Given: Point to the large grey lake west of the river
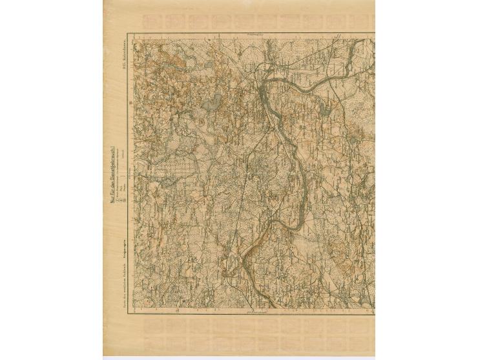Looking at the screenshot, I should coord(211,101).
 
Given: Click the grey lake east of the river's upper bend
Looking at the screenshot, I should coord(324,110).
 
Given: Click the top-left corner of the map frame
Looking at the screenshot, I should coord(128,34).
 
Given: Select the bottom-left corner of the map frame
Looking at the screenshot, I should coord(128,316).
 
